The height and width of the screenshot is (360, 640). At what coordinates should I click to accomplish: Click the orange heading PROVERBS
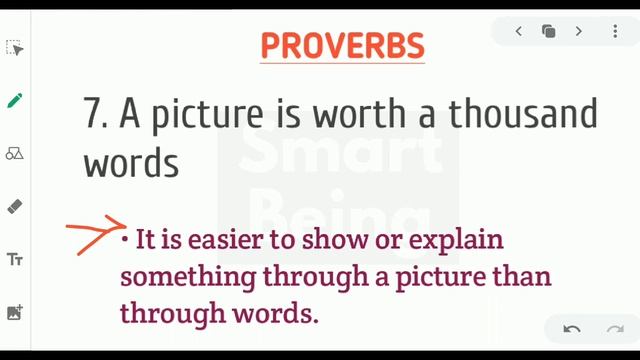click(343, 46)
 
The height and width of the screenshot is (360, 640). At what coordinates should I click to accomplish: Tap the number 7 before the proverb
click(95, 115)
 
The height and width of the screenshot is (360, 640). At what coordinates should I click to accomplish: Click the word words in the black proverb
click(131, 163)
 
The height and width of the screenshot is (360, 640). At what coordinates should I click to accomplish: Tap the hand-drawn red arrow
click(96, 237)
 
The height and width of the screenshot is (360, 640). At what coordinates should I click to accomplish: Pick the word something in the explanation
click(185, 276)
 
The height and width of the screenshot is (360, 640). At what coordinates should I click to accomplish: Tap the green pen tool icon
click(15, 100)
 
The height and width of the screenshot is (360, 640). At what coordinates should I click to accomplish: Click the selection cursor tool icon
click(15, 48)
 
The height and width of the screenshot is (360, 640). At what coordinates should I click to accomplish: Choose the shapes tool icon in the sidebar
click(15, 154)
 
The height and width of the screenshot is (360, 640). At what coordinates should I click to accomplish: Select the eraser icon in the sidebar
click(15, 207)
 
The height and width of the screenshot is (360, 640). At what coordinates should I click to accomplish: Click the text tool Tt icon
click(15, 260)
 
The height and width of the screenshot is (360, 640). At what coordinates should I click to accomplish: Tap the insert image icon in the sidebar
click(15, 313)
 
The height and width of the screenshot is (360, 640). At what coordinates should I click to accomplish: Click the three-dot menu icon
click(615, 32)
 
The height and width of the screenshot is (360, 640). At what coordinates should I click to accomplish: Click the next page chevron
click(579, 32)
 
